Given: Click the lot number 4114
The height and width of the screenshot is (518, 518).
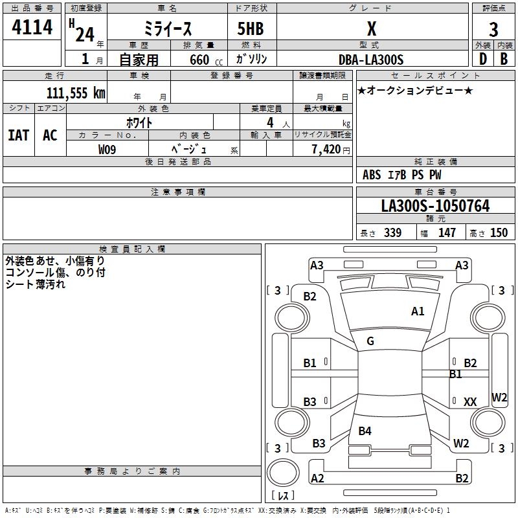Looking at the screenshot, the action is click(32, 27).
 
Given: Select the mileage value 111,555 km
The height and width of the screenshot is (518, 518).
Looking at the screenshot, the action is click(75, 93).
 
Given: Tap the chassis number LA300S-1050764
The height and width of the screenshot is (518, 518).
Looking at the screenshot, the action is click(435, 207).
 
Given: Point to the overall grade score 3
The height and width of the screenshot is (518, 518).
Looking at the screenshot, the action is click(493, 29).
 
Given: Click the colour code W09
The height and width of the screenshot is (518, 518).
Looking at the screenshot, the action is click(107, 150).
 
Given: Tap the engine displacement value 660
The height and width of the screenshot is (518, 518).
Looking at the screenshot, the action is click(199, 60).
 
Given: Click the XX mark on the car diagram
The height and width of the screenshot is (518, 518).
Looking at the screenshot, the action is click(470, 402).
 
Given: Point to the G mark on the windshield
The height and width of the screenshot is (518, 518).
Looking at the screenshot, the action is click(370, 341).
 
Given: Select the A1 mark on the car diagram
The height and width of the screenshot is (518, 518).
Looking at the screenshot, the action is click(418, 311).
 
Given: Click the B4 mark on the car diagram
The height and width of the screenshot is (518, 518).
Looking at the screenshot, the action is click(365, 431).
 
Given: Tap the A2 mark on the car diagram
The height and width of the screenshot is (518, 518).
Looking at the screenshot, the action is click(317, 479).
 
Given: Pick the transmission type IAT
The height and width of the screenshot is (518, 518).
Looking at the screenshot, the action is click(18, 135).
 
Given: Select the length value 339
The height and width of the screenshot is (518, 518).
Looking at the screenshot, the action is click(392, 233).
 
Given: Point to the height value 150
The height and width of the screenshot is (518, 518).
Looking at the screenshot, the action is click(499, 233).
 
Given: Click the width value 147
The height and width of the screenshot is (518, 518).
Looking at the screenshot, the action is click(447, 233).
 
